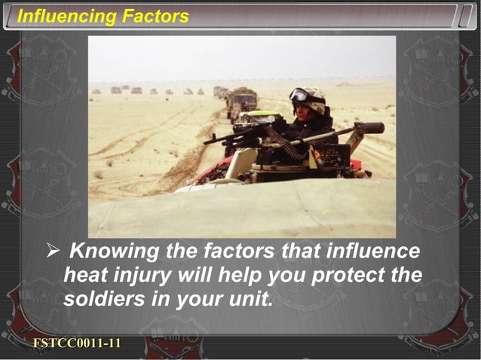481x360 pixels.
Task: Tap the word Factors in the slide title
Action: pyautogui.click(x=153, y=16)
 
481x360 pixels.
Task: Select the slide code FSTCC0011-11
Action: pyautogui.click(x=77, y=343)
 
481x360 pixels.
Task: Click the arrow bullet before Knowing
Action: pyautogui.click(x=51, y=251)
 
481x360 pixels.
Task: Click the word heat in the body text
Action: pyautogui.click(x=86, y=275)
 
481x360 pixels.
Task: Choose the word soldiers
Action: pyautogui.click(x=101, y=299)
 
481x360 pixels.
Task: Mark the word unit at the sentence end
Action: pyautogui.click(x=250, y=299)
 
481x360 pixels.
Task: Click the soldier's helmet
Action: pyautogui.click(x=311, y=98)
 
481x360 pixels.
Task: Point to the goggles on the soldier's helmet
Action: pyautogui.click(x=299, y=95)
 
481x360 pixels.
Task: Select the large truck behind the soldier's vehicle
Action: pyautogui.click(x=243, y=101)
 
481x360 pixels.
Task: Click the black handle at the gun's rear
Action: pyautogui.click(x=369, y=128)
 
